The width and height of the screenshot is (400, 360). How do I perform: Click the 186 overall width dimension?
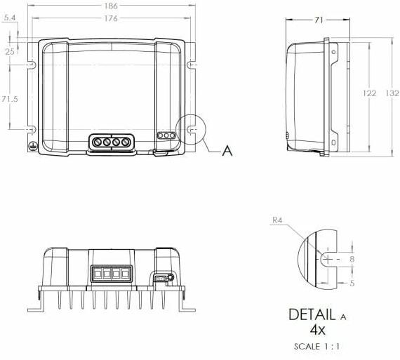coord(111,6)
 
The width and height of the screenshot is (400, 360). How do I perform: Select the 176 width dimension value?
coord(111,18)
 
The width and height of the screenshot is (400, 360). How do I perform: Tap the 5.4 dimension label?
coord(10,18)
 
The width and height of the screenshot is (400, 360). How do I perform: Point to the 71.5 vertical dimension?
coord(10,99)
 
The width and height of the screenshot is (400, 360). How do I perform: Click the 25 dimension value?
coord(10,52)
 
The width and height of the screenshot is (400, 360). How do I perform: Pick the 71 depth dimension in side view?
coord(319,20)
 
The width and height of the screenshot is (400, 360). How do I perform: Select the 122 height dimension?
coord(369,93)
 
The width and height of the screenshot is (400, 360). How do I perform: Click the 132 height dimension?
coord(392,93)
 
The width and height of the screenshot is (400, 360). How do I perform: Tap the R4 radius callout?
coord(277,220)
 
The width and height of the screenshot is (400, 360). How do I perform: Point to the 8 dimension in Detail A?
coord(352,259)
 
